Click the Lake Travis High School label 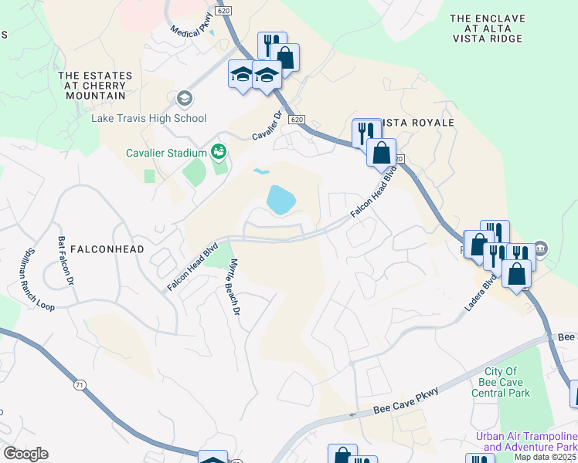coord(149,118)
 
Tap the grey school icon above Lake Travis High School coord(184,99)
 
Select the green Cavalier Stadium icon coord(219,152)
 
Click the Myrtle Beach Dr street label coord(233,286)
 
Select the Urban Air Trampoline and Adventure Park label coord(525,441)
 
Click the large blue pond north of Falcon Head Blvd coord(280,201)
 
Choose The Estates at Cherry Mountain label coord(95,86)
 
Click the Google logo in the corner coord(25,454)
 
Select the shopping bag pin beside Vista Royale coord(381,153)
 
